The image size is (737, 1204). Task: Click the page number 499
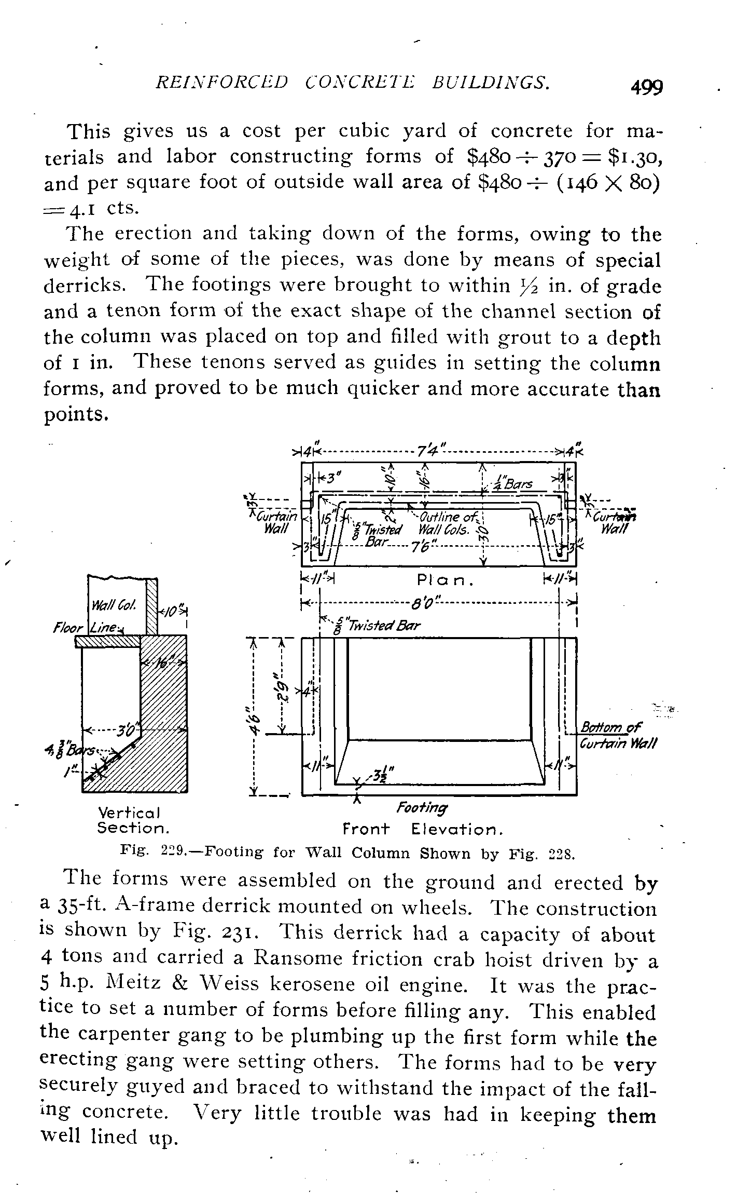[x=647, y=87]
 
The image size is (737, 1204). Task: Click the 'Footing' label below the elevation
[x=422, y=808]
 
